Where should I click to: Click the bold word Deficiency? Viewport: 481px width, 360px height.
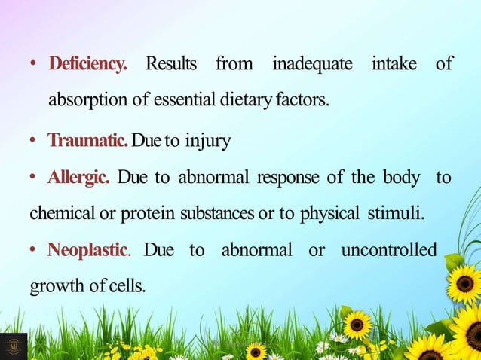[x=87, y=64]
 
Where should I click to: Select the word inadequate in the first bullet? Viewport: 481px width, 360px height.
[x=312, y=64]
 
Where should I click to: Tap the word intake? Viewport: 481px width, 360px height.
[x=394, y=64]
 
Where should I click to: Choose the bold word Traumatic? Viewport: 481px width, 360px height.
[x=88, y=141]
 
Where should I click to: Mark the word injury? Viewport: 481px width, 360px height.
[x=205, y=141]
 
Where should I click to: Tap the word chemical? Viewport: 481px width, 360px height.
[x=60, y=214]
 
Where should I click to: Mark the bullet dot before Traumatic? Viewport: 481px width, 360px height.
[x=35, y=142]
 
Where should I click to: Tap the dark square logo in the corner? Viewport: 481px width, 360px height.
[x=14, y=346]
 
